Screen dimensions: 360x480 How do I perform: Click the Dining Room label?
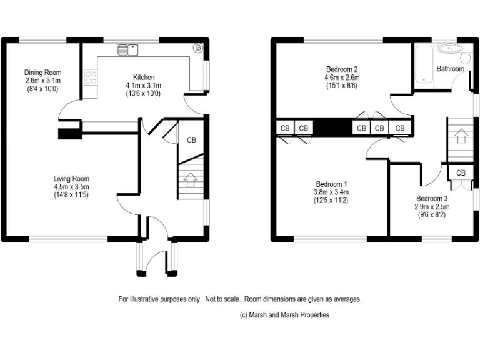(43, 72)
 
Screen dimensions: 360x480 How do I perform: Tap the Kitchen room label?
(143, 77)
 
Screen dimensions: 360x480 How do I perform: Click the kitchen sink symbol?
(131, 47)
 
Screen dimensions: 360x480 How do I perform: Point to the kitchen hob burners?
(91, 78)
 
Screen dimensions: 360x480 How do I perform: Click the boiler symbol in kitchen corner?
(198, 47)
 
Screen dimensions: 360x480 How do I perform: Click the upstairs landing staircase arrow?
(460, 134)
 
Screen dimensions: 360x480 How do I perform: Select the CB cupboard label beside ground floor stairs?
(191, 140)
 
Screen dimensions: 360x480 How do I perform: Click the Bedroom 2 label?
(341, 69)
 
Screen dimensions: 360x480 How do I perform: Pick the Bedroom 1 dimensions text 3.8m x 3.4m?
(331, 192)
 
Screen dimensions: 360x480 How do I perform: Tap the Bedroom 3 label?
(431, 198)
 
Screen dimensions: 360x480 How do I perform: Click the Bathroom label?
(450, 68)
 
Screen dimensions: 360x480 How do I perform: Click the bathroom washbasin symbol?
(447, 49)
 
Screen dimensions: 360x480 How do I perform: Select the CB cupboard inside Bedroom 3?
(461, 172)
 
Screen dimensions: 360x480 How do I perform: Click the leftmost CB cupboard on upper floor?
(285, 128)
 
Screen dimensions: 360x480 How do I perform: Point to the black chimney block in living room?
(69, 132)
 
